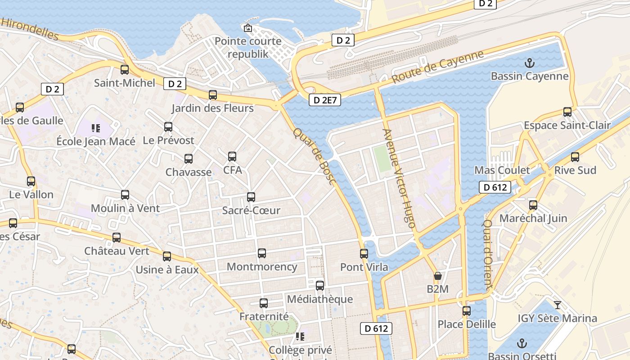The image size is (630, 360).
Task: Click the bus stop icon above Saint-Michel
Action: tap(125, 70)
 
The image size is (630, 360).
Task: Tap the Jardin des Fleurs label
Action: tap(212, 108)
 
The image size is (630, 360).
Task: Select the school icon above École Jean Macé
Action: tap(95, 128)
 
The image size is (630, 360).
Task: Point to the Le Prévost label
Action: tap(168, 140)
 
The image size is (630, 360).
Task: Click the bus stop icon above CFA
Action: tap(232, 157)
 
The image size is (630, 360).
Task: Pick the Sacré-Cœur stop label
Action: tap(251, 210)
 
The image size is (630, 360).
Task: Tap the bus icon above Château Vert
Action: tap(117, 238)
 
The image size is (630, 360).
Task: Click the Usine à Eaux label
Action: tap(167, 270)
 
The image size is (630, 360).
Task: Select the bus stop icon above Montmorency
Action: tap(262, 253)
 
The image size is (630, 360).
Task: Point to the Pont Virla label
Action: tap(364, 267)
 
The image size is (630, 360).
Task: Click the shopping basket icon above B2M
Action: tap(437, 276)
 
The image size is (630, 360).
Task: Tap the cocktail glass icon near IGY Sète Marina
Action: tap(558, 305)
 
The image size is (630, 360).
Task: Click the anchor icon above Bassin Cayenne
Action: tap(530, 63)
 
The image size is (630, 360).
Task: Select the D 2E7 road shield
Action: tap(324, 100)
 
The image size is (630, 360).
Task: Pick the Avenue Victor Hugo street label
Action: tap(399, 178)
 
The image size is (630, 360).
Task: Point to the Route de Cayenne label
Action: tap(437, 67)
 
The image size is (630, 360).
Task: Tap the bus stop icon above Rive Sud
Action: tap(575, 157)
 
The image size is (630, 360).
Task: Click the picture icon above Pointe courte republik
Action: tap(247, 28)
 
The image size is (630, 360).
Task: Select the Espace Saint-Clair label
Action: tap(567, 126)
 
